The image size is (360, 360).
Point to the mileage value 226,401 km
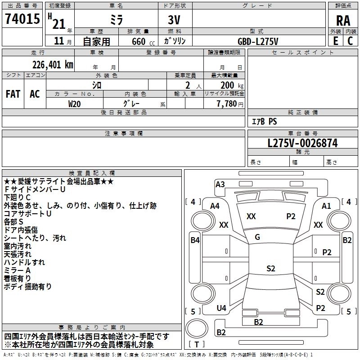click(x=53, y=64)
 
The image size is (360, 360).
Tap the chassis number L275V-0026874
click(x=302, y=143)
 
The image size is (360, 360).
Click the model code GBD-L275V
click(x=258, y=41)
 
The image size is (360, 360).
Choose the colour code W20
click(x=75, y=103)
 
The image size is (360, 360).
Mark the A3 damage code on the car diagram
click(x=220, y=184)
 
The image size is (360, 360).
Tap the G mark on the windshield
click(x=257, y=237)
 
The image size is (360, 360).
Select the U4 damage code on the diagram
click(x=221, y=308)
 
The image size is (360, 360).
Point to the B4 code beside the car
click(x=195, y=240)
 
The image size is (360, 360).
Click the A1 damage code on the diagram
click(x=326, y=206)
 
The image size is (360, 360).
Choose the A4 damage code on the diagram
click(x=215, y=206)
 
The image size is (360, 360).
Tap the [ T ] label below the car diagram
click(x=197, y=344)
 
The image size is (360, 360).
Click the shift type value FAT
click(x=13, y=94)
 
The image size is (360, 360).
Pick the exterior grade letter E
click(x=335, y=40)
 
